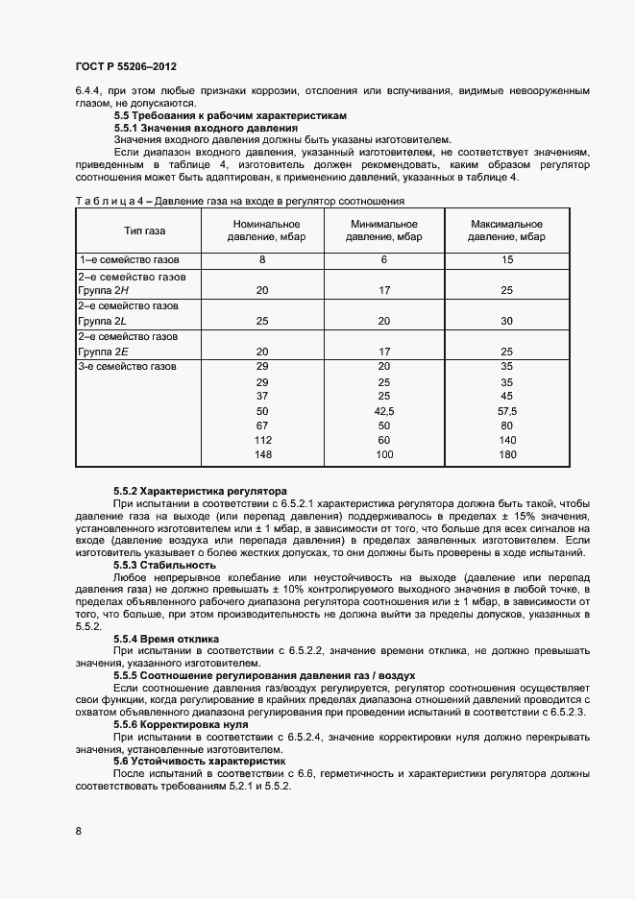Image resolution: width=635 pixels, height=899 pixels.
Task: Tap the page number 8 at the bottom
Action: click(78, 831)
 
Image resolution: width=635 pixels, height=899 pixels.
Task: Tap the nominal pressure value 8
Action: click(262, 260)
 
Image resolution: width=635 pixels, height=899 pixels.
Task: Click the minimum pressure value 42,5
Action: click(384, 410)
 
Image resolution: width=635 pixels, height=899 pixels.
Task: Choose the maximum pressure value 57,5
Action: click(507, 410)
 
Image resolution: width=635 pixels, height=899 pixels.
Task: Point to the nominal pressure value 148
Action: click(262, 454)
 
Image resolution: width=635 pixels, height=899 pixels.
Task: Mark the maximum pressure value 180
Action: click(507, 454)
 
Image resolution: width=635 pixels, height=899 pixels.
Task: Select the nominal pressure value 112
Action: click(262, 440)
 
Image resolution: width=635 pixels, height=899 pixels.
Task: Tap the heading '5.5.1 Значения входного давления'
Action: click(206, 128)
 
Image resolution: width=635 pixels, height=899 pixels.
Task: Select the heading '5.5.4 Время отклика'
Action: click(166, 638)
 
